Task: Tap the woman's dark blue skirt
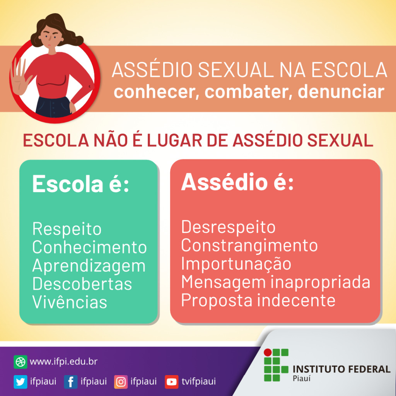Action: click(x=53, y=107)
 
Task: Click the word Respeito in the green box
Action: click(x=67, y=229)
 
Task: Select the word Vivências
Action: click(x=70, y=302)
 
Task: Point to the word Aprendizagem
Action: click(x=89, y=266)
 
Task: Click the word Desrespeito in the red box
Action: click(x=228, y=227)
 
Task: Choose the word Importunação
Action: click(x=236, y=264)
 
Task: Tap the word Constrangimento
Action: click(x=249, y=246)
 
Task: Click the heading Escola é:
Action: click(x=81, y=184)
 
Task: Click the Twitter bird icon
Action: click(x=20, y=382)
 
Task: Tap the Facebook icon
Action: click(x=70, y=382)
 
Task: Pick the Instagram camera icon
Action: click(x=121, y=382)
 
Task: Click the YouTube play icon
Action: click(x=171, y=382)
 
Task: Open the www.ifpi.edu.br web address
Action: click(x=64, y=362)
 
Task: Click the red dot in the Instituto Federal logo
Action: click(x=268, y=352)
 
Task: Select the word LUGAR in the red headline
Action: click(x=174, y=140)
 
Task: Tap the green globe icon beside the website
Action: click(x=20, y=362)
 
